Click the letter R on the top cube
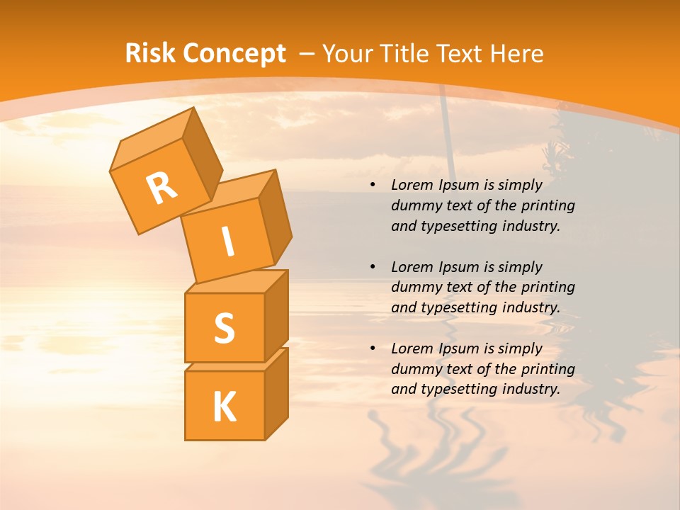point(161,188)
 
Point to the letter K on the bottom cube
point(224,407)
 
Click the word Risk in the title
point(151,53)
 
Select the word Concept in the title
point(234,53)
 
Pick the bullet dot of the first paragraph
point(373,186)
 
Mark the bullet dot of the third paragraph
point(373,349)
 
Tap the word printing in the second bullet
point(548,288)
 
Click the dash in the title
point(307,53)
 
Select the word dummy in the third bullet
point(415,369)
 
